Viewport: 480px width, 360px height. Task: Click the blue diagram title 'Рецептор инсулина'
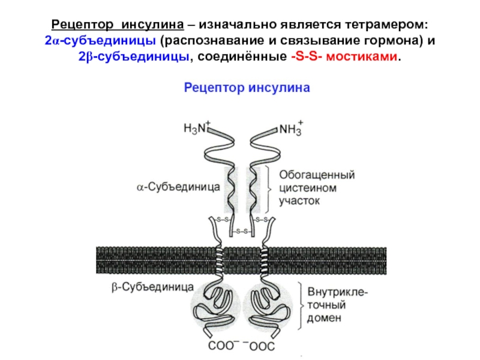pos(246,88)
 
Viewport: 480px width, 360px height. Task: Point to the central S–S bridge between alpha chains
pos(242,231)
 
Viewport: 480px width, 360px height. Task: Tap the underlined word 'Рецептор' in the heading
pos(84,26)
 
